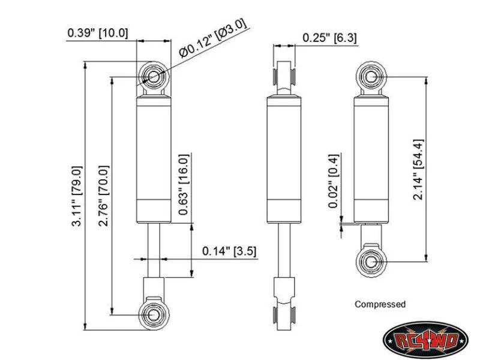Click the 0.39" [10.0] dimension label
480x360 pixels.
[98, 33]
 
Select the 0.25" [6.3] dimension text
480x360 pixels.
[329, 38]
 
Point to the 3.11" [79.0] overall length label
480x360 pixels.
[77, 196]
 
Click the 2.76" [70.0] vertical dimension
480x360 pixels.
[103, 196]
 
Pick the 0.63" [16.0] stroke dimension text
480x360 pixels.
[184, 185]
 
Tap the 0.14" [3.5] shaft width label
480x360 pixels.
[229, 251]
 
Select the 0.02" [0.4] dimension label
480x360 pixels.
[334, 181]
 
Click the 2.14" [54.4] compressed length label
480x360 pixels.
[418, 170]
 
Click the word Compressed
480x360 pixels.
[380, 304]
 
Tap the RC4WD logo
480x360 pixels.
[425, 340]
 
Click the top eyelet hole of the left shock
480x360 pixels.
[154, 77]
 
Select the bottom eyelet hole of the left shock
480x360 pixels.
[154, 315]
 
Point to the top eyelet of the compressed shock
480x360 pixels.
[371, 77]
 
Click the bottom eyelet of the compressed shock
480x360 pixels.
[371, 262]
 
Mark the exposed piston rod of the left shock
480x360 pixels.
[154, 250]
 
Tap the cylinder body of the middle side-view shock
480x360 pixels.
[284, 159]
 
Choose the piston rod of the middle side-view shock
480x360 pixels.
[284, 250]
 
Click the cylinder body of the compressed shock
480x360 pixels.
[371, 159]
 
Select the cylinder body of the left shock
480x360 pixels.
[154, 159]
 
